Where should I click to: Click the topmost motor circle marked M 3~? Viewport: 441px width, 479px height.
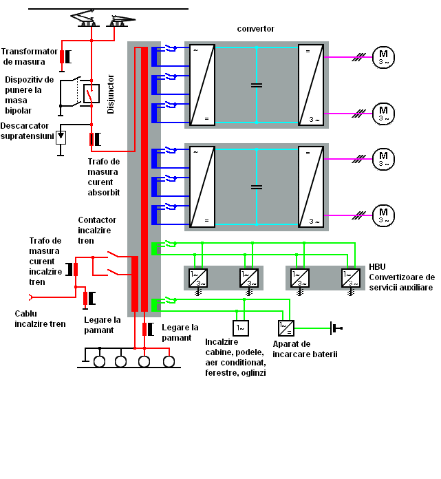click(383, 57)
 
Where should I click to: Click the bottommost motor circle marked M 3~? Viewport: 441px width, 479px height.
click(383, 215)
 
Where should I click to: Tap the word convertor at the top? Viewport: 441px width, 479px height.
click(256, 29)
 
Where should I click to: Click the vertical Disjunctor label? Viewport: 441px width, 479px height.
click(111, 94)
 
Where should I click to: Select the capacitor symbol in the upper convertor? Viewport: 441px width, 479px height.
click(257, 85)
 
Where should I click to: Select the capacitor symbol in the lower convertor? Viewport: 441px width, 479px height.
click(257, 187)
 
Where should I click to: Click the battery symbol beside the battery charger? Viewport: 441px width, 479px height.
click(336, 328)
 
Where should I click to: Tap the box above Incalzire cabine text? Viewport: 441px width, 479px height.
click(241, 328)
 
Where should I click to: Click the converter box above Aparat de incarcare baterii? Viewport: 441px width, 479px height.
click(286, 328)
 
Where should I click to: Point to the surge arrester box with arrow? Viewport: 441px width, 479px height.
click(61, 138)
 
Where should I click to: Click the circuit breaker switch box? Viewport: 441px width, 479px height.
click(92, 94)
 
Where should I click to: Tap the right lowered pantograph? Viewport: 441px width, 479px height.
click(120, 21)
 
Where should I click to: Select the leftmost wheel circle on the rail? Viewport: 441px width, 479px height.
click(99, 362)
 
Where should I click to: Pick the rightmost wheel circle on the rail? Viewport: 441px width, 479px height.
click(169, 362)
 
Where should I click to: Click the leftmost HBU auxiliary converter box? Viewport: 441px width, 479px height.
click(198, 278)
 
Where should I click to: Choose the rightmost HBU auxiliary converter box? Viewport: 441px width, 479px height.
click(351, 278)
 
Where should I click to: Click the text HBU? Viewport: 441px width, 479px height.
click(377, 267)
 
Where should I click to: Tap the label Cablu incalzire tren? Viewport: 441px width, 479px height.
click(40, 319)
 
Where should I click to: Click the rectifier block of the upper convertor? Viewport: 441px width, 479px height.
click(202, 85)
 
